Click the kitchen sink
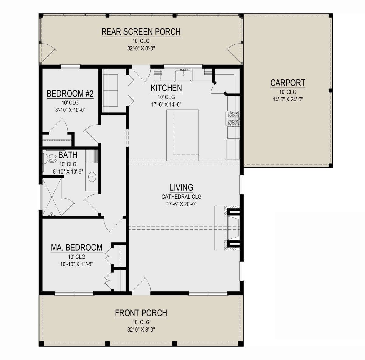click(x=183, y=75)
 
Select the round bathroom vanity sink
click(x=92, y=177)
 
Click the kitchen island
click(x=182, y=135)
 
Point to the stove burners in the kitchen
click(x=233, y=119)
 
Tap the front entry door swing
click(x=141, y=284)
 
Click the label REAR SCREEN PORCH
click(x=141, y=32)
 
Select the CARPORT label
click(x=288, y=83)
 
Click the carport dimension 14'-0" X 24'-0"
click(x=288, y=99)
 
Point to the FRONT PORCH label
click(x=141, y=313)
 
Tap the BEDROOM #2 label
click(x=70, y=94)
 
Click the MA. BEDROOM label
click(x=77, y=248)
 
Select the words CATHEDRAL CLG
click(x=181, y=196)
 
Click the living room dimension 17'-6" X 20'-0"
click(x=181, y=204)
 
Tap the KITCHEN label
click(x=166, y=88)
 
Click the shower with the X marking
click(x=52, y=197)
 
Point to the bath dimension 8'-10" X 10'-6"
click(x=68, y=172)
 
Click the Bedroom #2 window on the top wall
click(x=70, y=66)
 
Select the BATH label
click(x=68, y=155)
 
